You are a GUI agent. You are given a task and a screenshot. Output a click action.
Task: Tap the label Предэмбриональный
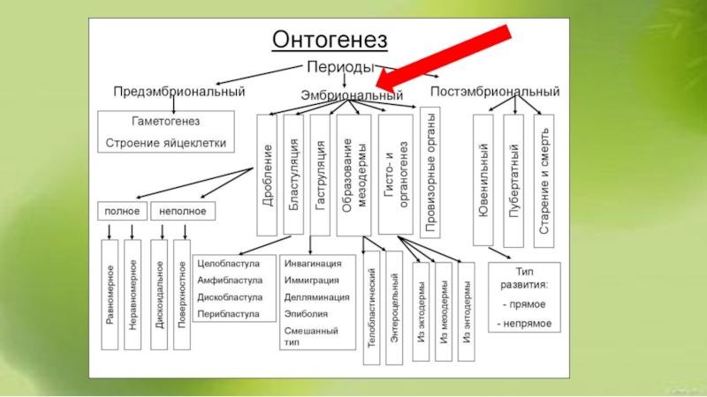(x=179, y=91)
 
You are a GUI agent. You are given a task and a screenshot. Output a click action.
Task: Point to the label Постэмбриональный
(x=495, y=91)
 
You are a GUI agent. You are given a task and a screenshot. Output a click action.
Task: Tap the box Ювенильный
(x=483, y=180)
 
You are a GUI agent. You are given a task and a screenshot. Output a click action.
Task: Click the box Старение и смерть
(x=544, y=180)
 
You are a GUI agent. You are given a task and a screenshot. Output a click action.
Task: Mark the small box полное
(x=121, y=211)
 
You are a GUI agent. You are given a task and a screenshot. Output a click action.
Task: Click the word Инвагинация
(x=313, y=264)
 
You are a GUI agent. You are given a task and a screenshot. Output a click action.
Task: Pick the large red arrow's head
(x=388, y=85)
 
